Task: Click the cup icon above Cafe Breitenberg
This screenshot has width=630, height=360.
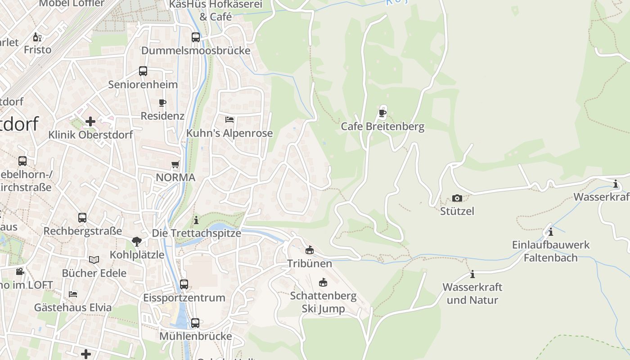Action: pos(382,112)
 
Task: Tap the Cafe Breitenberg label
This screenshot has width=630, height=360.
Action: pos(382,126)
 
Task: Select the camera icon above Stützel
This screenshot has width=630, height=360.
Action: pos(457,198)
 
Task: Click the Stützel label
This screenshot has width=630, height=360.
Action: pos(457,211)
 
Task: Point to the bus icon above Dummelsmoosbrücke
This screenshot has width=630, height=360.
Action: pos(196,37)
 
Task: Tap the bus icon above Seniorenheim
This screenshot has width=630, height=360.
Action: pos(143,71)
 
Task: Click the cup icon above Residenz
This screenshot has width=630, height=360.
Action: pos(162,103)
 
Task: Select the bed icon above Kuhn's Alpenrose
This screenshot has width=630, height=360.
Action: pos(229,120)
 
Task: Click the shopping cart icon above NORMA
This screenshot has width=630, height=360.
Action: pos(175,165)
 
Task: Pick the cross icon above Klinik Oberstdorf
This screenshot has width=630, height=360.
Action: pos(90,121)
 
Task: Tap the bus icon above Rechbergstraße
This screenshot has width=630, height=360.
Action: pos(82,218)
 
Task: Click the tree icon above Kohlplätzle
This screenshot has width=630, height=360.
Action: pos(137,242)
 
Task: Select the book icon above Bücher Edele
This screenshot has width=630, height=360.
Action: pos(94,260)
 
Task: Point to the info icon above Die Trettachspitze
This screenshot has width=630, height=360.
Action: pos(196,220)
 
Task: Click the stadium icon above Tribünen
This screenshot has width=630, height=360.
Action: pos(310,250)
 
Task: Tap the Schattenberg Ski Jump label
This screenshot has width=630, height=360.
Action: pos(323,302)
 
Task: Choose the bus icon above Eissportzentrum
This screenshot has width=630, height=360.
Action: pos(184,284)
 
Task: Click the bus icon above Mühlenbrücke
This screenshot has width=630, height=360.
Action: pos(195,323)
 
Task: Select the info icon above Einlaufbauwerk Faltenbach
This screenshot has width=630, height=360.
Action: pos(550,232)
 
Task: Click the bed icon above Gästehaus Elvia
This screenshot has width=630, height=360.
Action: pos(73,294)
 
